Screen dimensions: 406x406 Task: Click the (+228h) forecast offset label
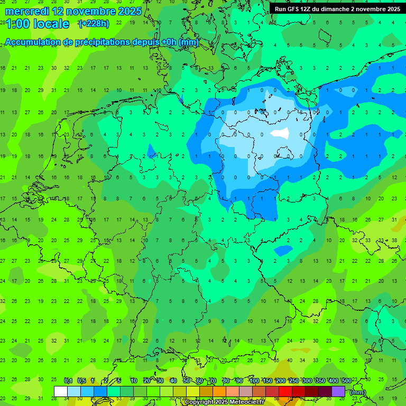pyautogui.click(x=94, y=24)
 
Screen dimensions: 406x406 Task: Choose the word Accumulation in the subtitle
pyautogui.click(x=31, y=42)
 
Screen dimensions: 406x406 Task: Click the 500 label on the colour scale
pyautogui.click(x=346, y=381)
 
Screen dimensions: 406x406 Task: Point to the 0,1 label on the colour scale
pyautogui.click(x=68, y=381)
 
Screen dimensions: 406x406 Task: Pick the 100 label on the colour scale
pyautogui.click(x=254, y=381)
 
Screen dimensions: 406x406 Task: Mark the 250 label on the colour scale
pyautogui.click(x=294, y=381)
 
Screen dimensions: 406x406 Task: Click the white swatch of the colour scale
pyautogui.click(x=61, y=391)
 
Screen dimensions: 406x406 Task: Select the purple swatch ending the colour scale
pyautogui.click(x=338, y=391)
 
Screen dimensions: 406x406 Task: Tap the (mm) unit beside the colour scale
pyautogui.click(x=358, y=392)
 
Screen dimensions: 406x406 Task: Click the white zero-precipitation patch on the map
pyautogui.click(x=280, y=133)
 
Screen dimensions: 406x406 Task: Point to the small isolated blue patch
pyautogui.click(x=284, y=250)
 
